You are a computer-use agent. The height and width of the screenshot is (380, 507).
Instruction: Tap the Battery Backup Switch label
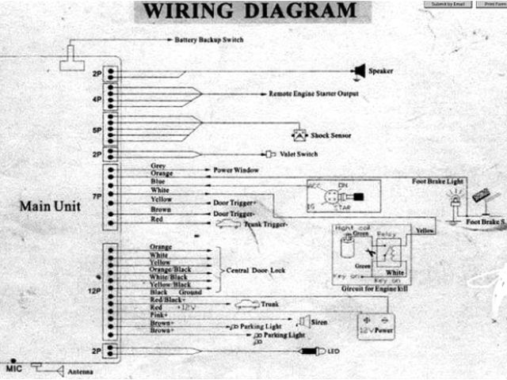(x=209, y=39)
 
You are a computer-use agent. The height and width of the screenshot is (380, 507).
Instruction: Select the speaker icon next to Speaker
(x=358, y=71)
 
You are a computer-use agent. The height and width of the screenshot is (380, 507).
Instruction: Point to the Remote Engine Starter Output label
(x=314, y=93)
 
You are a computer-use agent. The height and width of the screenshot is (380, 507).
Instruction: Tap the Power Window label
(x=235, y=169)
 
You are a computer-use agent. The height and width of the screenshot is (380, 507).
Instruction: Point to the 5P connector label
(x=97, y=131)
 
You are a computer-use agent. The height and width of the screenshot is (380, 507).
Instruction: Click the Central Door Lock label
(x=250, y=270)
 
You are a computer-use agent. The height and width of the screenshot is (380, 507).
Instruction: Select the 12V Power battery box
(x=375, y=325)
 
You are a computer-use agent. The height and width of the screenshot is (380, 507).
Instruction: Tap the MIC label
(x=13, y=369)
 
